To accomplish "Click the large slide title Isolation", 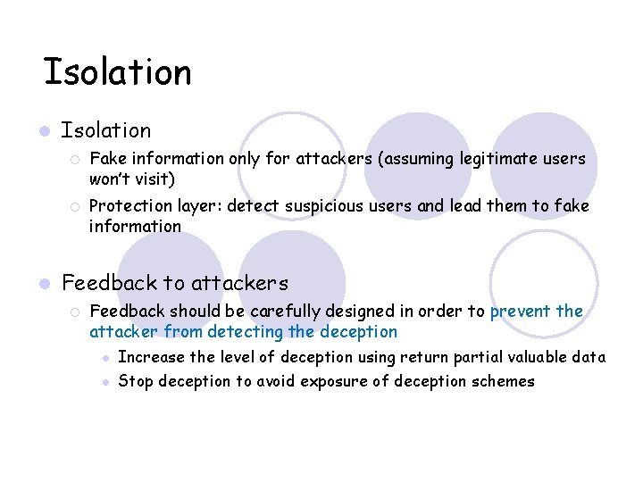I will coord(117,71).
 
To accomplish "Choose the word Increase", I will coord(151,357).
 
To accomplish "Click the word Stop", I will coord(136,382).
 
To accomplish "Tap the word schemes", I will coord(503,382).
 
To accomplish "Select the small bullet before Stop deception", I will coord(105,382).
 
